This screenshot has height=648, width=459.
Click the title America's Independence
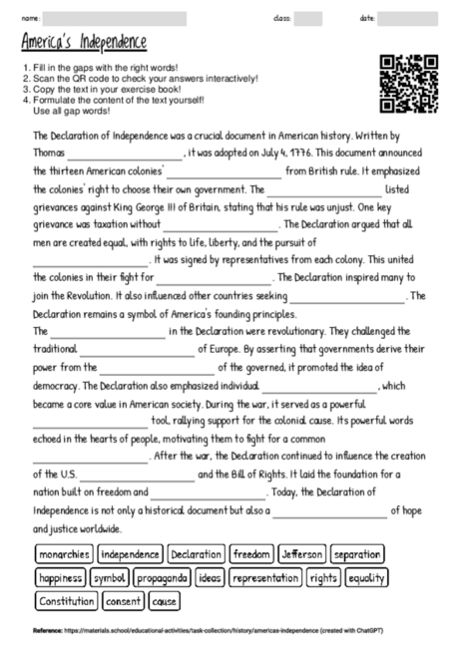(x=83, y=42)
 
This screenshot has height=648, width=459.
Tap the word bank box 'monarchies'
(x=65, y=554)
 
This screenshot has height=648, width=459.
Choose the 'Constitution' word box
(x=66, y=601)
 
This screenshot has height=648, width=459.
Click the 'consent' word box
(x=123, y=601)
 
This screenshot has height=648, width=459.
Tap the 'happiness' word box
(x=60, y=577)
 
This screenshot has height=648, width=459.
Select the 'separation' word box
(x=357, y=554)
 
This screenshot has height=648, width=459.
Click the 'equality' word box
(x=366, y=577)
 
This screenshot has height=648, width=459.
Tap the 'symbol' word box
(x=109, y=577)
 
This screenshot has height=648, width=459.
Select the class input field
(x=308, y=18)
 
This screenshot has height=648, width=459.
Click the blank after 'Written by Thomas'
(x=126, y=154)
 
